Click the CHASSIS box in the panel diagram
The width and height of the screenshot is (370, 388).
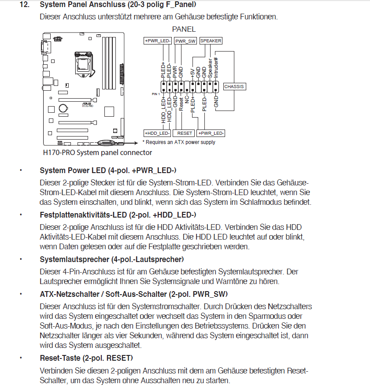click(x=234, y=87)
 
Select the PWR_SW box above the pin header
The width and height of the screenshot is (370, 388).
click(x=185, y=41)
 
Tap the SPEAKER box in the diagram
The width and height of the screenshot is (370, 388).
click(x=211, y=41)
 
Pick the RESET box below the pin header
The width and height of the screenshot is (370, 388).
click(x=185, y=133)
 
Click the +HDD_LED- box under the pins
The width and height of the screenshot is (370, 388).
click(x=157, y=133)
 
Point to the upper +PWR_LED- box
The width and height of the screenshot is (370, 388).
click(x=158, y=41)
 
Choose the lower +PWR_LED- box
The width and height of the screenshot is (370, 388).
click(x=211, y=133)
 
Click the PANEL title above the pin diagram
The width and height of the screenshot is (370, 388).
click(x=184, y=30)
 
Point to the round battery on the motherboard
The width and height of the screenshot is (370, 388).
click(x=64, y=107)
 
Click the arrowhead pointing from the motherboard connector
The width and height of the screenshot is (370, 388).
click(x=137, y=143)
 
